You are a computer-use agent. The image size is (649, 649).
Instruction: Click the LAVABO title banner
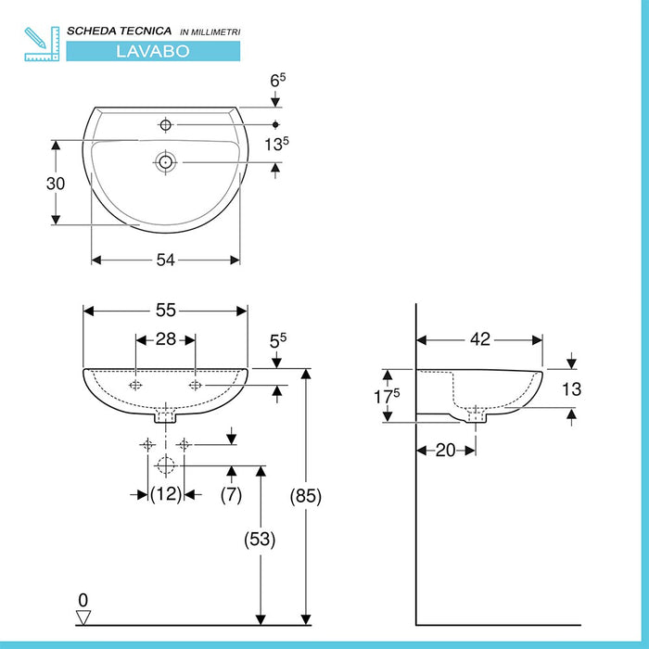[153, 51]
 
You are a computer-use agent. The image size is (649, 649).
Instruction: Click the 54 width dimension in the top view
[165, 261]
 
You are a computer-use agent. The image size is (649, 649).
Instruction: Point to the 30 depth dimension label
[56, 183]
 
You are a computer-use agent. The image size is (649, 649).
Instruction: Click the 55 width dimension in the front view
[165, 312]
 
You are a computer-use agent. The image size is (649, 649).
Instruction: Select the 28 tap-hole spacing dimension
[165, 340]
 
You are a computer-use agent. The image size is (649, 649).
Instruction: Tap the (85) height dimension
[306, 497]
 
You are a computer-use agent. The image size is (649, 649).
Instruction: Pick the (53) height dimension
[261, 539]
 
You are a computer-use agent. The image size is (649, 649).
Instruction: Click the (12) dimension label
[166, 495]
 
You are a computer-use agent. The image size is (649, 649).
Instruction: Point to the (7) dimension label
[231, 495]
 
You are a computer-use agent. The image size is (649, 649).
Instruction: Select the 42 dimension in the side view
[479, 339]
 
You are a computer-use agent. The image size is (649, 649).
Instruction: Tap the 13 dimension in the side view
[573, 390]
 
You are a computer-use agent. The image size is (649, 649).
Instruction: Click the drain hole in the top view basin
[166, 162]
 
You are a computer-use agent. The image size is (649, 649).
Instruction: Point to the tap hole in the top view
[166, 124]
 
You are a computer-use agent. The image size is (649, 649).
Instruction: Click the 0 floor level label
[83, 599]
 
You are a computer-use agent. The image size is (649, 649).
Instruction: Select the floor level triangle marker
[83, 616]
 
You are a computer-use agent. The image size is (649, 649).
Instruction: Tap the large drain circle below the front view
[166, 464]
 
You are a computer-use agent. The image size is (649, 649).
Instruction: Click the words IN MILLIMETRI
[209, 32]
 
